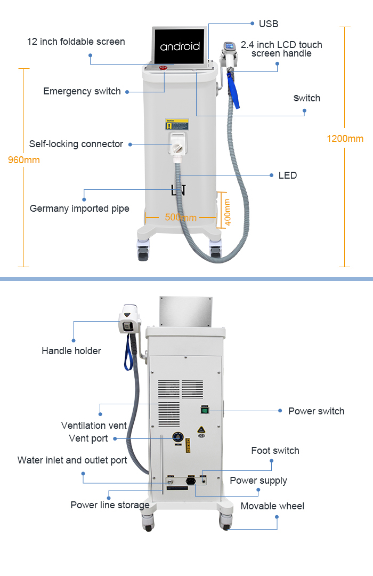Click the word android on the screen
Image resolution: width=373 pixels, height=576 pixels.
(x=180, y=46)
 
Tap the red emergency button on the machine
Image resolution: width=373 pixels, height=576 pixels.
(x=164, y=67)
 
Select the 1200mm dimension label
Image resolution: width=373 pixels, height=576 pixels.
(x=345, y=139)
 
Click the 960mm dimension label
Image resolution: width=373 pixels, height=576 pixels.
(x=23, y=160)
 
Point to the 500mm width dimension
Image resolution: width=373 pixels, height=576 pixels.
(x=181, y=217)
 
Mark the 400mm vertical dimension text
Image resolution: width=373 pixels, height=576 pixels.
(x=228, y=212)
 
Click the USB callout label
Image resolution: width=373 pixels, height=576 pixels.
(x=268, y=24)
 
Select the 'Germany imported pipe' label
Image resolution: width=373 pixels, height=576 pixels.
(x=79, y=209)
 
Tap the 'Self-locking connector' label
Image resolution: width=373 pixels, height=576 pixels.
(x=76, y=144)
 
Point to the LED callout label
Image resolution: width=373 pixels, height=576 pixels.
(x=287, y=175)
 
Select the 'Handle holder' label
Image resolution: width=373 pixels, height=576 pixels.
(x=71, y=350)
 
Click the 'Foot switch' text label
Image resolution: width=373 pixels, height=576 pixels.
(x=275, y=451)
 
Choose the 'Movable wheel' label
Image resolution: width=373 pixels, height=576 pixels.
(x=272, y=506)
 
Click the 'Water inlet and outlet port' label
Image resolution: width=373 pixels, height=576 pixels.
(x=72, y=460)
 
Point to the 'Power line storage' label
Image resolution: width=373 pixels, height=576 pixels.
(x=110, y=505)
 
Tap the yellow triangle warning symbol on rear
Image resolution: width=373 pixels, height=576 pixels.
(x=201, y=429)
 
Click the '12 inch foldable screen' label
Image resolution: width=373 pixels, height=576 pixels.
(x=76, y=42)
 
